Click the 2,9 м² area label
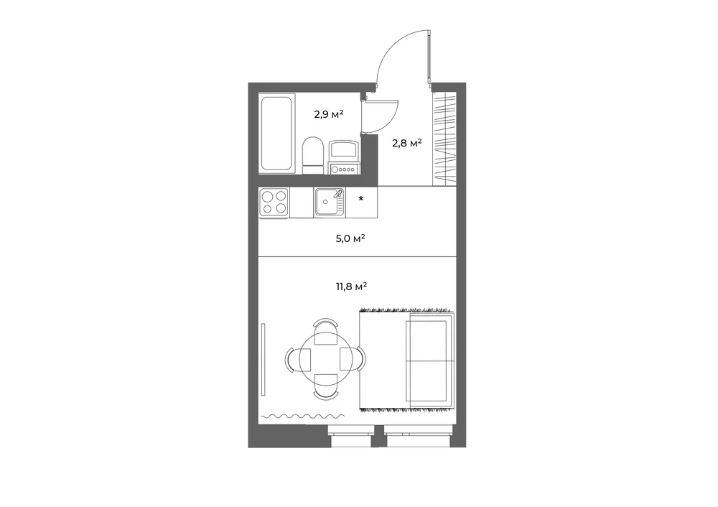click(329, 114)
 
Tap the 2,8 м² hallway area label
click(407, 144)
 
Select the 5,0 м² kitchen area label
click(350, 238)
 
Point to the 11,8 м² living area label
click(352, 287)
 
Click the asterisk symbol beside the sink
click(361, 199)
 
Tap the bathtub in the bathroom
click(276, 134)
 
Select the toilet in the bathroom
click(313, 155)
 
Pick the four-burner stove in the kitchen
click(274, 203)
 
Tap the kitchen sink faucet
click(339, 193)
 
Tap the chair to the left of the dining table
click(298, 358)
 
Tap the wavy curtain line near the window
click(303, 417)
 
